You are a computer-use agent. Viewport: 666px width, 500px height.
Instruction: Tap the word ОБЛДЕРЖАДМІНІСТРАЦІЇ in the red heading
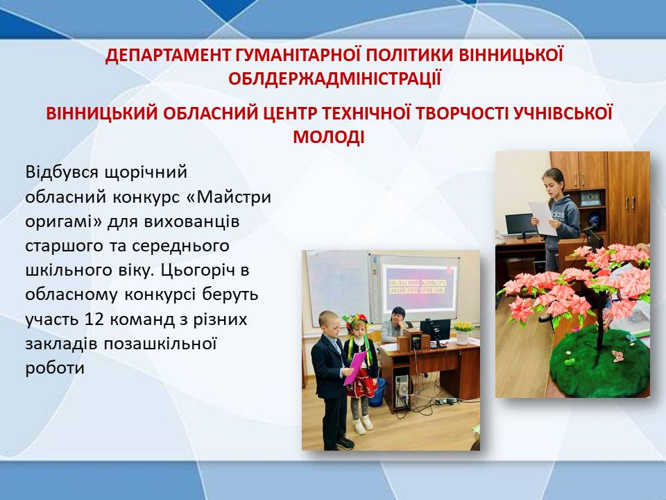(x=334, y=79)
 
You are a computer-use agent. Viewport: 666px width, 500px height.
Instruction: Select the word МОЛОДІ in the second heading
(x=329, y=137)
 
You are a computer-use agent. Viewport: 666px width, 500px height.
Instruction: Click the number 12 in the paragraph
(x=94, y=319)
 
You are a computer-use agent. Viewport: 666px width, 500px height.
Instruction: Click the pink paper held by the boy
(x=355, y=368)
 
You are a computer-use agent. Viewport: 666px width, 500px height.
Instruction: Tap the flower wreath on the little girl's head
(x=356, y=322)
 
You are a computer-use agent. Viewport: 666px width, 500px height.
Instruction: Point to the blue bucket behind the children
(x=377, y=391)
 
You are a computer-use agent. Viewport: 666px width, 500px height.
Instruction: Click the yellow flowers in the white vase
(x=463, y=327)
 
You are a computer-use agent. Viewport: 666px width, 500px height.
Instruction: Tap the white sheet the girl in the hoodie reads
(x=543, y=219)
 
